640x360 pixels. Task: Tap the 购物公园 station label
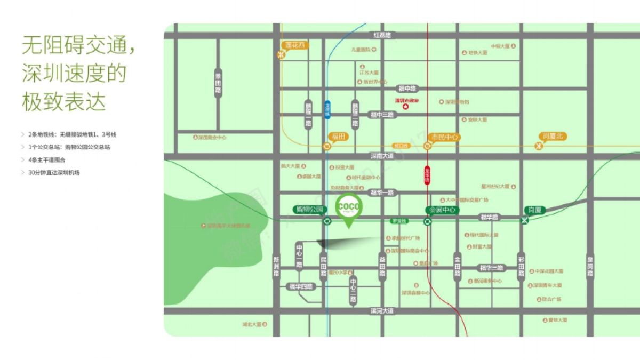point(309,209)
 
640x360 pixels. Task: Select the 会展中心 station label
point(442,210)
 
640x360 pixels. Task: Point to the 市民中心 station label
point(444,137)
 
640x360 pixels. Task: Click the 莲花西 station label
point(295,46)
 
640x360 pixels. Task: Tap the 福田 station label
point(339,137)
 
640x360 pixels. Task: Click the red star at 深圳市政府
point(405,107)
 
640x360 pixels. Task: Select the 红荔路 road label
point(382,35)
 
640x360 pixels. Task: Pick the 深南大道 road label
point(382,156)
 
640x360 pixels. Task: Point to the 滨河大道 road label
point(382,310)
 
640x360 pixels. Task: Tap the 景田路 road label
point(218,83)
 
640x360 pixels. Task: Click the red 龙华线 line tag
point(427,175)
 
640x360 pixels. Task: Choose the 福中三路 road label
point(382,115)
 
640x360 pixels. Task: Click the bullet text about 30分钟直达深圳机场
point(54,172)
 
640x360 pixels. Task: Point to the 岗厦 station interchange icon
point(524,221)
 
